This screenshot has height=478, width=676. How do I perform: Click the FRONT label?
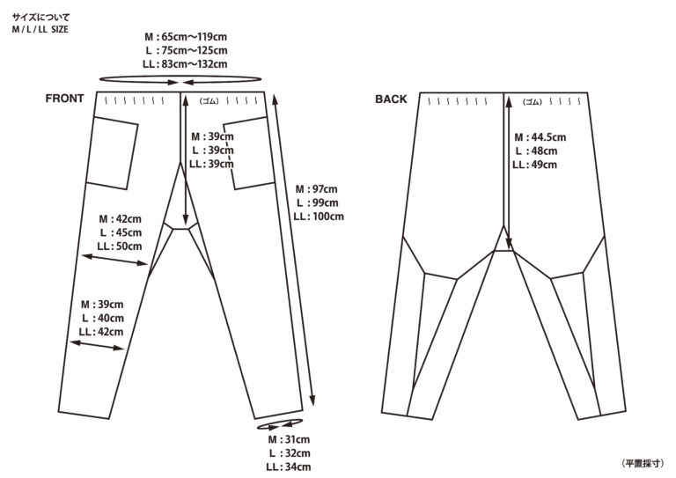pos(64,99)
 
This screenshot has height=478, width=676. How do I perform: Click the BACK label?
pos(391,99)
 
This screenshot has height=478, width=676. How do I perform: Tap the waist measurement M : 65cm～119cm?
pos(186,37)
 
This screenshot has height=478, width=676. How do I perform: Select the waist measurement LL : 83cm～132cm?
pos(185,64)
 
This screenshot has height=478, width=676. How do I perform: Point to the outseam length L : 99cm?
pos(317,202)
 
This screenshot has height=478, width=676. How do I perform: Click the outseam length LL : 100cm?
pos(319,217)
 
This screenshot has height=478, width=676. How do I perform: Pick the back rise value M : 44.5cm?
pos(540,137)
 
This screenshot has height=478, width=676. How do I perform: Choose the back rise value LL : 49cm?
pos(534,165)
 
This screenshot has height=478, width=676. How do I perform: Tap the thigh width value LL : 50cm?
pos(120,246)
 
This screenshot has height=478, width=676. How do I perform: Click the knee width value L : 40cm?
pos(103,318)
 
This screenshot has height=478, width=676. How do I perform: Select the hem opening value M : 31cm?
pos(289,439)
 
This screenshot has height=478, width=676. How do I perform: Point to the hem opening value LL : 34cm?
pos(289,467)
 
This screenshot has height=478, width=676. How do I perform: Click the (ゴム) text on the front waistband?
pos(209,101)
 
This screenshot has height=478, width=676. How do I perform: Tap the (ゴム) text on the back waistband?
pos(532,102)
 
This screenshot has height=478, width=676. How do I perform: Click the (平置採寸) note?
pos(643,463)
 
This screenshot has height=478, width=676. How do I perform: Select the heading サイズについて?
pos(41,18)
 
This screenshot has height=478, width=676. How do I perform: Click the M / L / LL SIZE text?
pos(40,29)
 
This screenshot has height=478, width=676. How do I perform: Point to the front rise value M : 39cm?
pos(212,136)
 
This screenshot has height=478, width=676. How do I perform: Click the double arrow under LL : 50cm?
pos(114,260)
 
